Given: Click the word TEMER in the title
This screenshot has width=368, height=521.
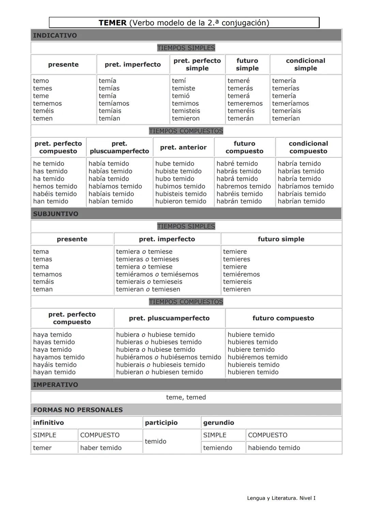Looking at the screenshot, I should pyautogui.click(x=112, y=23).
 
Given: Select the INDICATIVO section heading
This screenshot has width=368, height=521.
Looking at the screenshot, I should pyautogui.click(x=55, y=35).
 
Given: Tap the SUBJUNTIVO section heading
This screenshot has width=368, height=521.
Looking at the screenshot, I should pyautogui.click(x=56, y=214).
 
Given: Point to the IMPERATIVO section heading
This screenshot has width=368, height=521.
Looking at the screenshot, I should pyautogui.click(x=56, y=385).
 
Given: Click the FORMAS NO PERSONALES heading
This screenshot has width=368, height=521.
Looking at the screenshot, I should pyautogui.click(x=78, y=410).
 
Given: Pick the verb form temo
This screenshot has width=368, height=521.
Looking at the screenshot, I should pyautogui.click(x=41, y=81).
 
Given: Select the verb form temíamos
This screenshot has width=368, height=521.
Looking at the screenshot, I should pyautogui.click(x=114, y=103).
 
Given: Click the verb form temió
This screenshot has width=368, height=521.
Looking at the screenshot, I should pyautogui.click(x=181, y=96).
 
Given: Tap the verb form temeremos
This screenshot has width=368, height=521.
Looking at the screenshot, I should pyautogui.click(x=245, y=103).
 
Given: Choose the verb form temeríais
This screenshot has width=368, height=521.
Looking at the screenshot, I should pyautogui.click(x=287, y=111).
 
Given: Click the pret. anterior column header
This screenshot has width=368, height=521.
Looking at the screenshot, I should pyautogui.click(x=183, y=147).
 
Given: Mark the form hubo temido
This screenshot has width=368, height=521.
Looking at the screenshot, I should pyautogui.click(x=174, y=179).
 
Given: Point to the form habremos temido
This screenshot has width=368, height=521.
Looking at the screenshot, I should pyautogui.click(x=244, y=186).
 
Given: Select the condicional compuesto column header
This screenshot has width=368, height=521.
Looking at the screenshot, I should pyautogui.click(x=308, y=147).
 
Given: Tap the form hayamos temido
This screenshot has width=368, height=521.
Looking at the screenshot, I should pyautogui.click(x=59, y=357).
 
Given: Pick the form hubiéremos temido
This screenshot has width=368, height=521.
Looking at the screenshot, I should pyautogui.click(x=257, y=357).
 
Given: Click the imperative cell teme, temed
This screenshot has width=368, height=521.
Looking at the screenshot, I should pyautogui.click(x=186, y=397).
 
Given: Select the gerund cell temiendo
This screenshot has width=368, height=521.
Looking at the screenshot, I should pyautogui.click(x=217, y=448).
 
